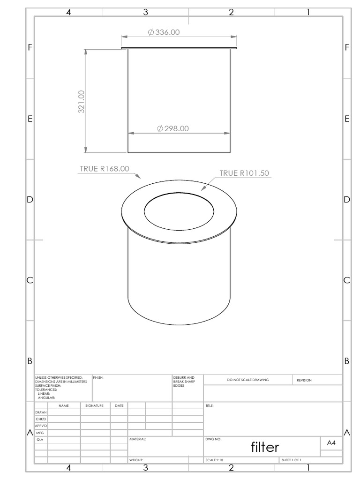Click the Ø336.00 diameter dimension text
pos(164,32)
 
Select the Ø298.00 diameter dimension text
pos(173,128)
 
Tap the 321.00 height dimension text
pos(82,102)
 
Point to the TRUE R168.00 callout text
pos(104,169)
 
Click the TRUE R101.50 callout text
pos(244,173)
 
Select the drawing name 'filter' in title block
pos(265,447)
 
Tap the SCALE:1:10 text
pos(215,460)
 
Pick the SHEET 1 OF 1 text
pos(291,460)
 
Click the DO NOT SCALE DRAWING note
pos(248,380)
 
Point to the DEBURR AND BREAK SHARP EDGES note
pos(181,381)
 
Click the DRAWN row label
pos(41,412)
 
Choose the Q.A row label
pos(40,440)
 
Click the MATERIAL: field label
pos(138,440)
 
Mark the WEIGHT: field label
pos(136,460)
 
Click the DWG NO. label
pos(213,440)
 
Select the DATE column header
pos(119,405)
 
